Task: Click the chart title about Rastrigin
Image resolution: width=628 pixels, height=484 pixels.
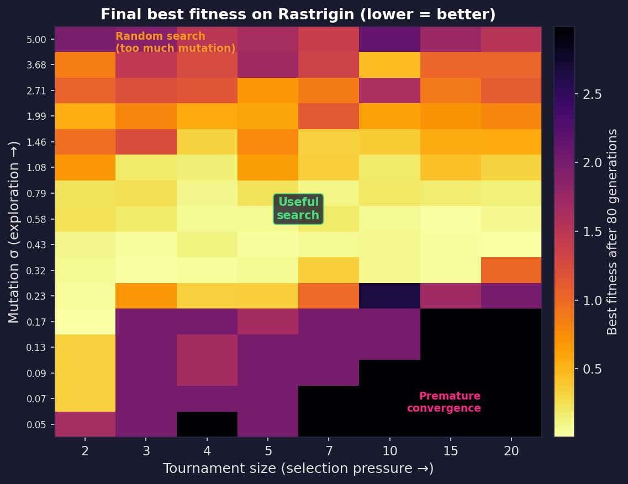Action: pyautogui.click(x=298, y=15)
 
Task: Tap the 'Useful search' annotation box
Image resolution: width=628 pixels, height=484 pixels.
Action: pyautogui.click(x=298, y=209)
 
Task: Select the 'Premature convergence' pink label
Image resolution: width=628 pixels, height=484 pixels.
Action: pyautogui.click(x=444, y=402)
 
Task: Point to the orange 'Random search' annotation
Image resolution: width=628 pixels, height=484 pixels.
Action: pyautogui.click(x=175, y=42)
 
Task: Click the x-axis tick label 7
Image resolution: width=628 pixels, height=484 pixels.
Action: pyautogui.click(x=329, y=451)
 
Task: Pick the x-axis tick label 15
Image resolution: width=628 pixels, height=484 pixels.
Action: pyautogui.click(x=450, y=451)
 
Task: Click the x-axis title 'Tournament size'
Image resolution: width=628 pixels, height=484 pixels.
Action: pyautogui.click(x=298, y=469)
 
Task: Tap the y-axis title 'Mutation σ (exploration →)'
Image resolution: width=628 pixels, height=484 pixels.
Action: pyautogui.click(x=14, y=232)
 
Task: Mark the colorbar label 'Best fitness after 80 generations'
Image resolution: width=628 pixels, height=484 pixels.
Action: pyautogui.click(x=613, y=232)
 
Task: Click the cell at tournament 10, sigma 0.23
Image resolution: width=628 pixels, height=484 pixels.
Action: pyautogui.click(x=389, y=296)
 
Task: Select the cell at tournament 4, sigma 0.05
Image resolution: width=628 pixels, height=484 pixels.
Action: pyautogui.click(x=207, y=424)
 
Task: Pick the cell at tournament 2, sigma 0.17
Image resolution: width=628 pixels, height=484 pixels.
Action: pyautogui.click(x=85, y=322)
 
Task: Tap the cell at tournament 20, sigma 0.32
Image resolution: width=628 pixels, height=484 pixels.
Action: pyautogui.click(x=511, y=270)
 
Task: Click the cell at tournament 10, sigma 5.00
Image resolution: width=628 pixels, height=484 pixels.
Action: pyautogui.click(x=389, y=39)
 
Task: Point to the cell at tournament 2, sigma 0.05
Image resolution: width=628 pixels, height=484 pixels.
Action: pyautogui.click(x=85, y=424)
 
